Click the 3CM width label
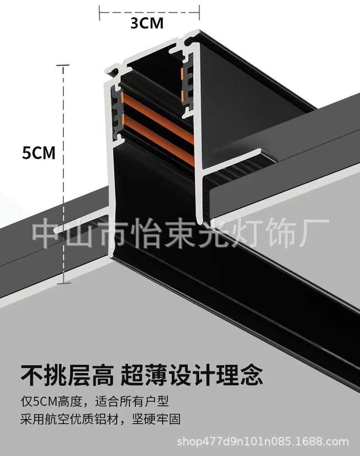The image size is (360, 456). [147, 23]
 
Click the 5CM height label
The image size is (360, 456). [39, 153]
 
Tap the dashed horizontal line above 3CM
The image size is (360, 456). [149, 10]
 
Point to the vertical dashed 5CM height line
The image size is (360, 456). [63, 173]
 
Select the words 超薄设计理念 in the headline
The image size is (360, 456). [192, 374]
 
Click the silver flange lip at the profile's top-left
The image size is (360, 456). [112, 71]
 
